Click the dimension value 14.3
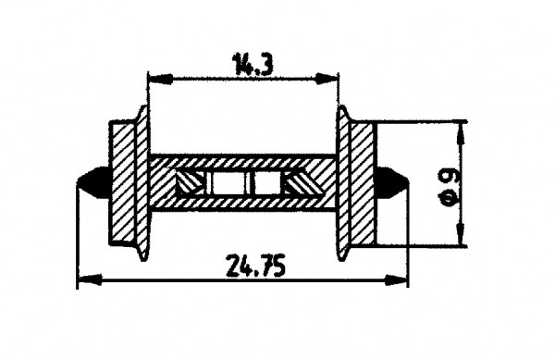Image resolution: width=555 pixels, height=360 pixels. click(242, 64)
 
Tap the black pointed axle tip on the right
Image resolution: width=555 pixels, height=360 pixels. click(395, 182)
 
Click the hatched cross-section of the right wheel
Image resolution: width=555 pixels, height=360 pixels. click(363, 182)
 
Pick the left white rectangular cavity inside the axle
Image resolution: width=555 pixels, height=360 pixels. click(223, 183)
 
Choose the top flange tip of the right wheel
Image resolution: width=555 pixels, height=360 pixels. click(341, 109)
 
